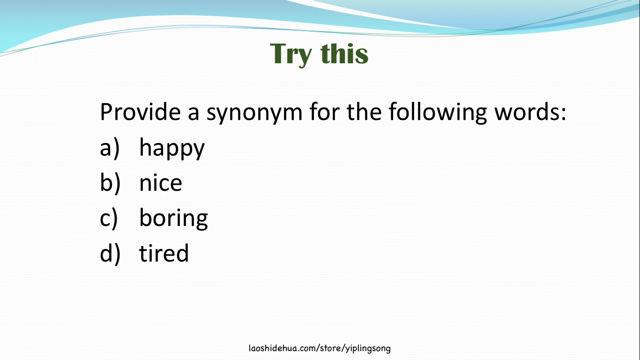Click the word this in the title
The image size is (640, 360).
(345, 53)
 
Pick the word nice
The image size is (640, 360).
(160, 183)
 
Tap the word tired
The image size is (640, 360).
(164, 253)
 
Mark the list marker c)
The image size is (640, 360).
(109, 218)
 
